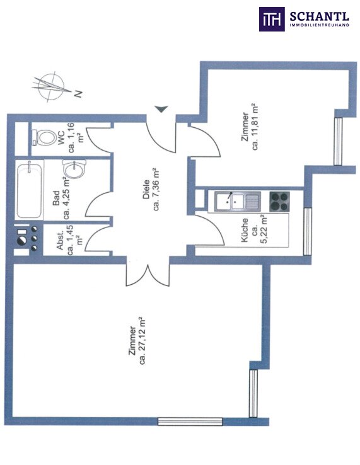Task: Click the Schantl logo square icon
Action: point(272,19)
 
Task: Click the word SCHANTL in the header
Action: point(320,16)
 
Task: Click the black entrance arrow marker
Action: point(161,109)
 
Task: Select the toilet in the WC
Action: point(44,137)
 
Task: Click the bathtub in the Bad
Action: point(30,190)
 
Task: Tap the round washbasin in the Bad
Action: point(74,168)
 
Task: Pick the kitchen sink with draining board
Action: point(238,202)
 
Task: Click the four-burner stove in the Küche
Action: point(279,202)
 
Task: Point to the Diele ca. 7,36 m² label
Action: point(151,190)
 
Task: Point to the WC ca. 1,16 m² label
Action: point(71,137)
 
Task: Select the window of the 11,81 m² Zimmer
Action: point(338,142)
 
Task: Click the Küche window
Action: point(308,231)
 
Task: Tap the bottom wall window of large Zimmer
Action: point(190,422)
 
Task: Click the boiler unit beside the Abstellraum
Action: point(28,239)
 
